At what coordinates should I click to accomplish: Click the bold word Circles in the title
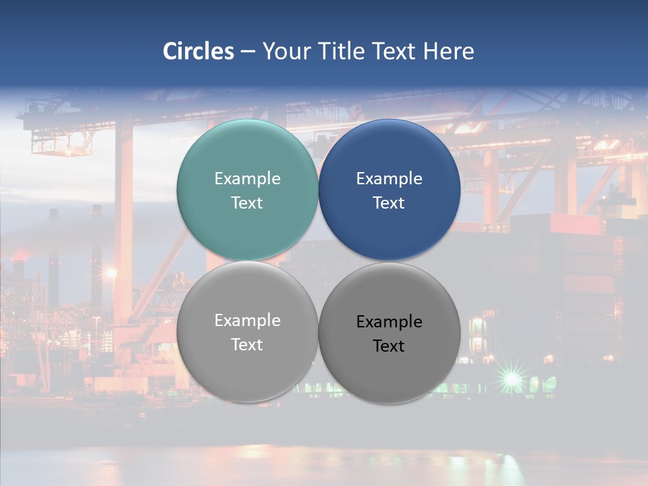(x=198, y=51)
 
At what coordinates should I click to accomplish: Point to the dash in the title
(x=247, y=52)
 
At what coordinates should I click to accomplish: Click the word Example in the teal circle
(x=247, y=179)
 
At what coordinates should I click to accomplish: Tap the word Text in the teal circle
(x=247, y=203)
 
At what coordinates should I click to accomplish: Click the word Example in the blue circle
(x=389, y=179)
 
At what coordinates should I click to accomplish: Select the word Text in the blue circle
(x=389, y=203)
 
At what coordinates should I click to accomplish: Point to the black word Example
(x=389, y=322)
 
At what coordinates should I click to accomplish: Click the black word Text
(x=389, y=346)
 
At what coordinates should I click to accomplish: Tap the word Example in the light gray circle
(x=247, y=321)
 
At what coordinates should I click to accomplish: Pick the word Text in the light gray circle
(x=247, y=345)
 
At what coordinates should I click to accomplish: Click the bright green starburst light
(x=512, y=380)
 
